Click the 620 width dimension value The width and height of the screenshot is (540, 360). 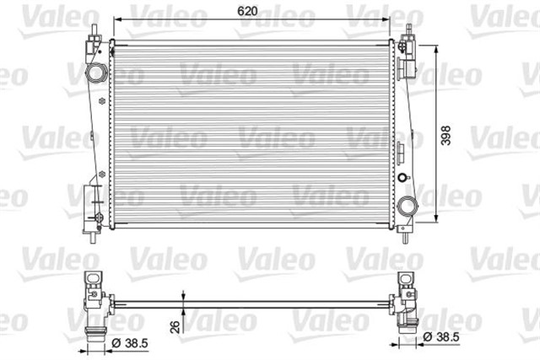(x=247, y=11)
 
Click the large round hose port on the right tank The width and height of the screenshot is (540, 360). (x=409, y=206)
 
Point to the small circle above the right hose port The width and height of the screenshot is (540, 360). (x=403, y=177)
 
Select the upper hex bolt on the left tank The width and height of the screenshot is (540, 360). (x=101, y=103)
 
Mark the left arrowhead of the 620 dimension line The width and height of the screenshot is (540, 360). (x=116, y=19)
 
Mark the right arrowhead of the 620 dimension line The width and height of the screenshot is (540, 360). (x=389, y=19)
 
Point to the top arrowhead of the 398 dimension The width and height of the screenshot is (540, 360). (x=435, y=46)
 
